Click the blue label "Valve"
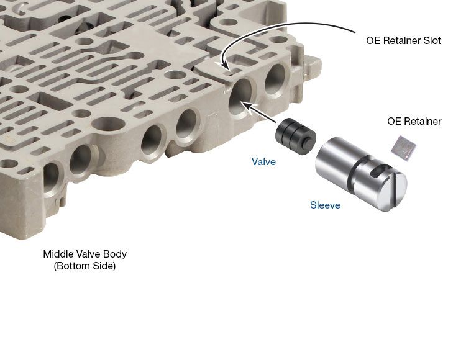coord(263,161)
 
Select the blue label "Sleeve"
coord(325,205)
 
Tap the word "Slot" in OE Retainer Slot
coord(432,40)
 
